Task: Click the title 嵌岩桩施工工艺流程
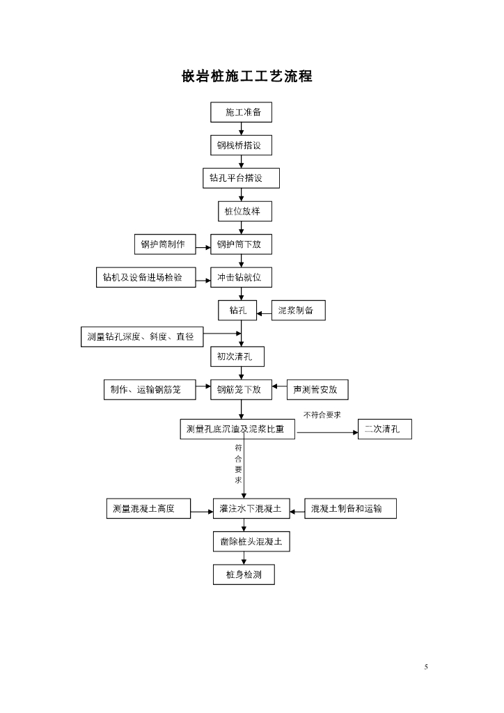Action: click(x=246, y=77)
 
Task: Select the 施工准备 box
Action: click(x=241, y=112)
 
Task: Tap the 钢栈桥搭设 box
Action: click(x=241, y=145)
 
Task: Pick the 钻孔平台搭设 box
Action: click(x=241, y=178)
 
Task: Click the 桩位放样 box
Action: click(x=241, y=211)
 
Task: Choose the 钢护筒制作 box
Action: click(x=164, y=244)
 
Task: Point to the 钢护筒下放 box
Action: click(x=241, y=244)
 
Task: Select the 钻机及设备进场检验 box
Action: click(x=144, y=277)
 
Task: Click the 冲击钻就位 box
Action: click(x=241, y=277)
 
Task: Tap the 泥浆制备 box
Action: click(x=297, y=311)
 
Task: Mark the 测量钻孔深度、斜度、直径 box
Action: click(x=141, y=337)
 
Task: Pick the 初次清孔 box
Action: click(x=237, y=356)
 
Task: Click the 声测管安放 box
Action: click(x=317, y=390)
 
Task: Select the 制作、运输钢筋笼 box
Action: click(x=148, y=390)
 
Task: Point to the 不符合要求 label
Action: click(x=322, y=415)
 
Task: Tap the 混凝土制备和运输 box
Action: click(x=351, y=509)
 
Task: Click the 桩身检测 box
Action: click(x=244, y=574)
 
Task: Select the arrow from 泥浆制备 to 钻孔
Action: click(x=264, y=314)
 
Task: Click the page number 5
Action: click(x=426, y=667)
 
